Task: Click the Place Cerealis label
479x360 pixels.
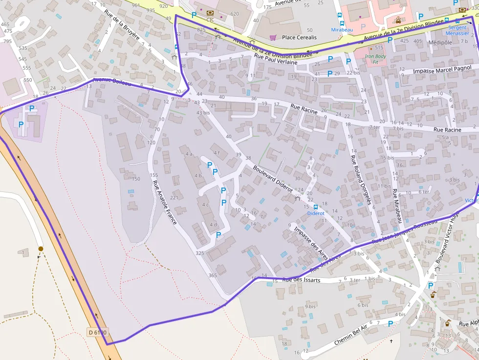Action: point(299,37)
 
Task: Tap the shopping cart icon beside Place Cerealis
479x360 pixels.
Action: point(273,37)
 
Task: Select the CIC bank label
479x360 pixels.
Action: point(210,20)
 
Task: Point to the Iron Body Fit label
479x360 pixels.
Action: point(375,59)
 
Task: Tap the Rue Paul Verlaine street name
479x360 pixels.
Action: point(276,59)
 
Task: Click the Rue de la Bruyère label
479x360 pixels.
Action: point(122,24)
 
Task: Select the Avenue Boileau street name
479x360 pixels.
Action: point(112,83)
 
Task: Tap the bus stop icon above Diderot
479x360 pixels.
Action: point(315,207)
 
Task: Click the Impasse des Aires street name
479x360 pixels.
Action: point(311,243)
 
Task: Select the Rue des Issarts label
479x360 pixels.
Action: point(301,280)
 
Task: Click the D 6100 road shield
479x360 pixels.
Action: point(97,332)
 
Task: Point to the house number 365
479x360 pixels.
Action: point(212,275)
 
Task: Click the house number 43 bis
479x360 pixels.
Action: point(203,113)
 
